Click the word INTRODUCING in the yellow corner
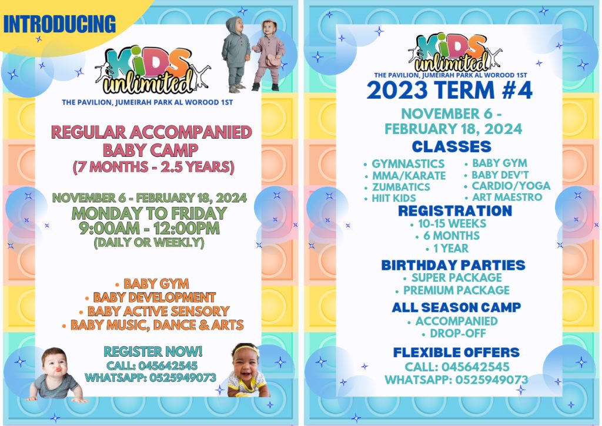click(x=59, y=24)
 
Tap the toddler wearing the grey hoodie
click(x=236, y=53)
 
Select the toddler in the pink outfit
click(x=269, y=55)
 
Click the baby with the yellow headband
click(x=247, y=370)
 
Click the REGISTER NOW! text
click(x=153, y=351)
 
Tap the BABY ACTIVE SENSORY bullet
click(x=155, y=311)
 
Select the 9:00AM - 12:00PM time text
click(x=149, y=229)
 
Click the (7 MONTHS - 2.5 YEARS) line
click(x=153, y=167)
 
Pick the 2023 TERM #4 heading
click(x=450, y=90)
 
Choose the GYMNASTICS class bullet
click(x=404, y=164)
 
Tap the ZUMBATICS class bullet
click(x=397, y=187)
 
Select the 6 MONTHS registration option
click(x=447, y=236)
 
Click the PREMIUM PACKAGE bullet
click(x=453, y=290)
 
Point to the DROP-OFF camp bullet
click(x=454, y=334)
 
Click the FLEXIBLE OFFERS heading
click(x=456, y=353)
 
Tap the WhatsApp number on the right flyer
click(x=456, y=380)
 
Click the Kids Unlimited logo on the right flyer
click(x=454, y=52)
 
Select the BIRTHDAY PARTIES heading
click(x=453, y=265)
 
